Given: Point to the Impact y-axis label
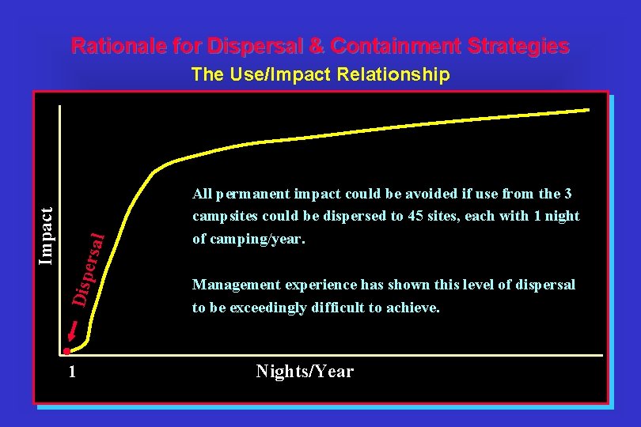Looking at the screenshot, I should [47, 236].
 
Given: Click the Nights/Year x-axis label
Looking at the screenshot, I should [305, 372].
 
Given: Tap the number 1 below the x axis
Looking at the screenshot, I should [72, 372].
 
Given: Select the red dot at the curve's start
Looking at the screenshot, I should [68, 350].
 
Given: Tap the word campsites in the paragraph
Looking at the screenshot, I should [223, 216].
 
